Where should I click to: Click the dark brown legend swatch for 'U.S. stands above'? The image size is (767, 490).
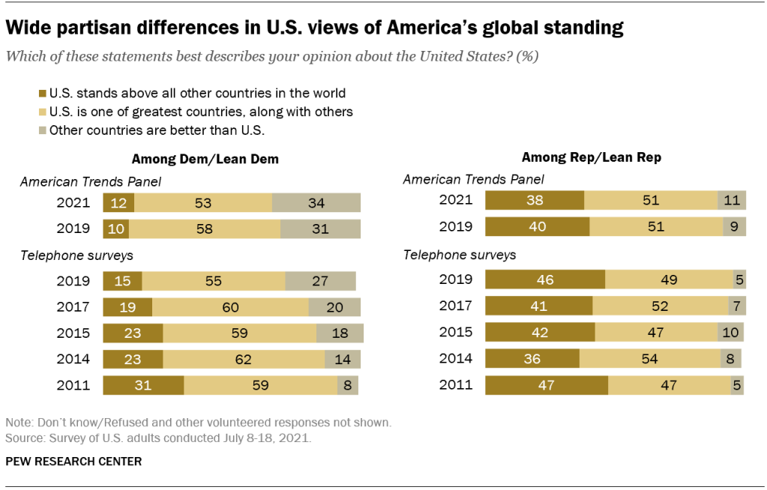pyautogui.click(x=41, y=94)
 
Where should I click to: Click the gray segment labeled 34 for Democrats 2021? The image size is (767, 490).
pyautogui.click(x=316, y=203)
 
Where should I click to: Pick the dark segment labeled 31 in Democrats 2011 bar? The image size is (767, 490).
pyautogui.click(x=143, y=385)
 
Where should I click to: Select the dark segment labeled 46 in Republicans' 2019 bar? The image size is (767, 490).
pyautogui.click(x=545, y=279)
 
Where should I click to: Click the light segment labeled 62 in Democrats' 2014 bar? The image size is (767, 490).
pyautogui.click(x=244, y=359)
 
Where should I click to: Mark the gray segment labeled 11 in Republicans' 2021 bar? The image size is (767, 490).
pyautogui.click(x=731, y=200)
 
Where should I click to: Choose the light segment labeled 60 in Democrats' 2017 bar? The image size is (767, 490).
pyautogui.click(x=229, y=307)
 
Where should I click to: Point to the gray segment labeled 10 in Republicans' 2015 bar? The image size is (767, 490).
pyautogui.click(x=731, y=332)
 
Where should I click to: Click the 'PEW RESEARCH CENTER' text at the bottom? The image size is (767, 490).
pyautogui.click(x=73, y=462)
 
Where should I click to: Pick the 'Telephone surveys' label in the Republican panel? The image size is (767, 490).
pyautogui.click(x=460, y=255)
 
